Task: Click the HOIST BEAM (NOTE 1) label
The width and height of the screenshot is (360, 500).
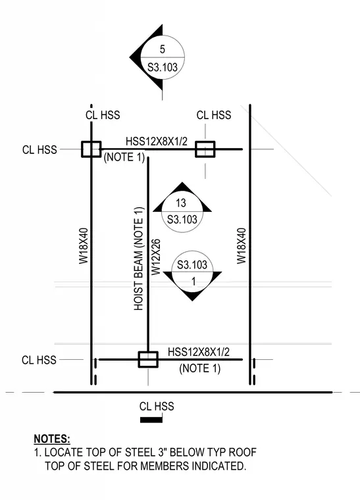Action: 138,259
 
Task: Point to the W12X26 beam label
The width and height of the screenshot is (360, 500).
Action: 155,257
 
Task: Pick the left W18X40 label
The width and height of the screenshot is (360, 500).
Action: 84,246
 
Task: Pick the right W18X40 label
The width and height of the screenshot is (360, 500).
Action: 242,246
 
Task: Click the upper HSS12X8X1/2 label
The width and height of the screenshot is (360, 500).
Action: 157,141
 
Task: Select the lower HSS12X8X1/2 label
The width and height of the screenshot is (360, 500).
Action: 199,352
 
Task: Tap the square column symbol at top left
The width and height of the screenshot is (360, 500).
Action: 91,149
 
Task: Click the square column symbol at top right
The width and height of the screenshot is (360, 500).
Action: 205,149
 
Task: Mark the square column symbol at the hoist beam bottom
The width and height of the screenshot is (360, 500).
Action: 148,360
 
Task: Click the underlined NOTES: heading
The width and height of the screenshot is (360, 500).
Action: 52,439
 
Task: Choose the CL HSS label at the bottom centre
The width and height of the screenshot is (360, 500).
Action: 157,407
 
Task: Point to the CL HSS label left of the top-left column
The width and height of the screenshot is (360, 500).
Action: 39,149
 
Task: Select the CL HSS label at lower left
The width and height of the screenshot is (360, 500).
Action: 39,360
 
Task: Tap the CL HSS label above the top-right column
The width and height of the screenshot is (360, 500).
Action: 214,115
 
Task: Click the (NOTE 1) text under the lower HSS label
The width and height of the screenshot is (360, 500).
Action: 200,368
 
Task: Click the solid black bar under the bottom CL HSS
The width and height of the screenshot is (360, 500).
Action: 151,420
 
